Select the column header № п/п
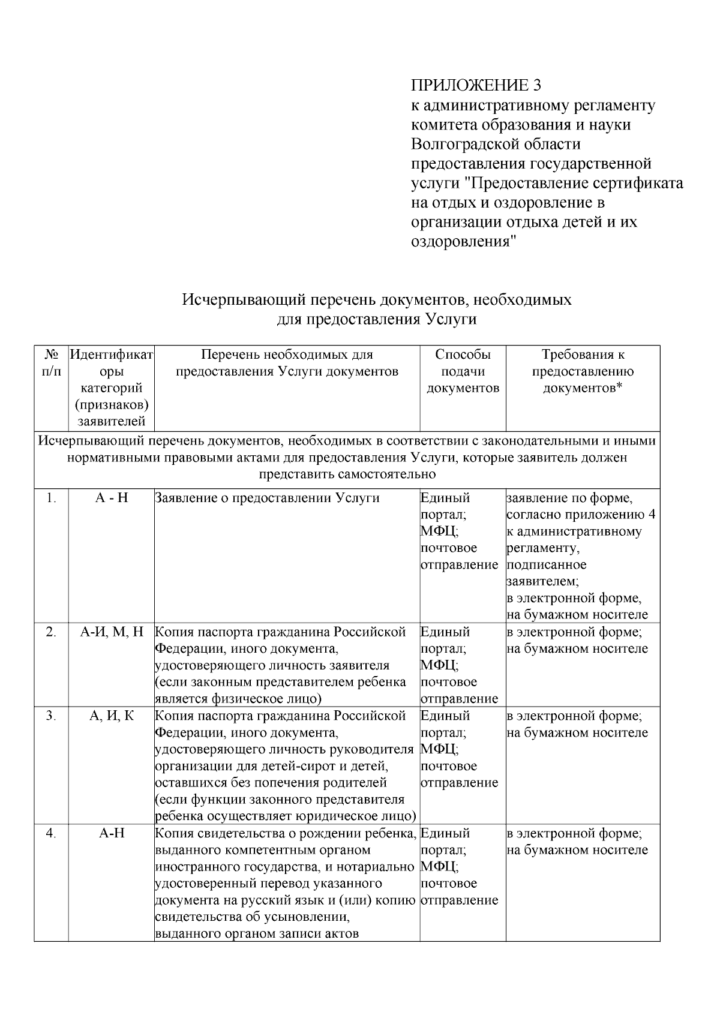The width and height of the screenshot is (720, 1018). [x=51, y=363]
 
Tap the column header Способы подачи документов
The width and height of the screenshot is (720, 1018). [x=463, y=371]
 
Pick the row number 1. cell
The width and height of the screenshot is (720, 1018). [x=51, y=498]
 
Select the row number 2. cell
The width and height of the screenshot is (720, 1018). [x=51, y=632]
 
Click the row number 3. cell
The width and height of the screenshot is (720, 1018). [x=51, y=716]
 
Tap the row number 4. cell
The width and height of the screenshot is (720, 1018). [x=51, y=833]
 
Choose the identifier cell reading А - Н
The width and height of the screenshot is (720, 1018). [x=112, y=498]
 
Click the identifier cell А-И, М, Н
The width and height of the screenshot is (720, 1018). [x=112, y=632]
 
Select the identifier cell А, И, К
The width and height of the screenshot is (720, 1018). [x=112, y=716]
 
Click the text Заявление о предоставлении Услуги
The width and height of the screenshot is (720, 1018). [x=267, y=498]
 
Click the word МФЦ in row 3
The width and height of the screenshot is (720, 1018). [x=439, y=749]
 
